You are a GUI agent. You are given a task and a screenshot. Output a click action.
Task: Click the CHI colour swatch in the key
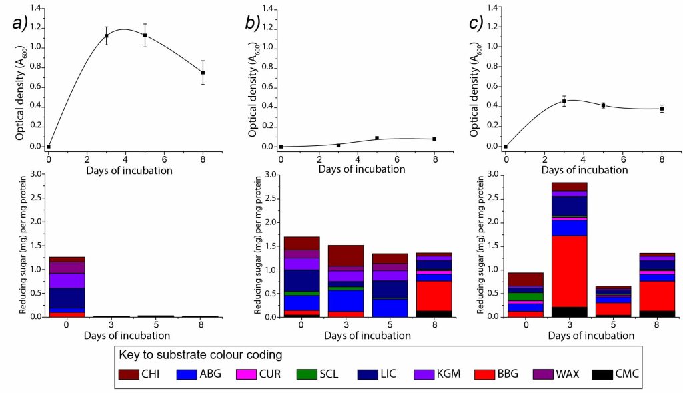click(132, 374)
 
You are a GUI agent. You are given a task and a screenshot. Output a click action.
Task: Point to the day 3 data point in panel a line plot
click(107, 36)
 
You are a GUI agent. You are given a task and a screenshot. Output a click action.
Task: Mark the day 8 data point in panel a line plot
click(203, 73)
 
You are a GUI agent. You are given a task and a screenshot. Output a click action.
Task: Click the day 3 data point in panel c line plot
click(564, 101)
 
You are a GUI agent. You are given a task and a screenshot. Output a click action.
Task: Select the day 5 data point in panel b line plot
click(377, 138)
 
